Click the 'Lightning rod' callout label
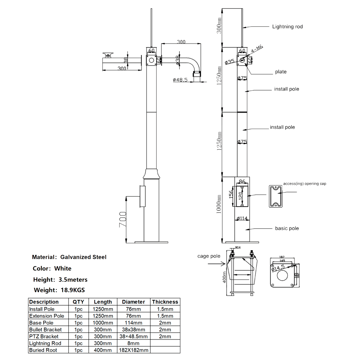click(287, 27)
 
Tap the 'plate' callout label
click(281, 72)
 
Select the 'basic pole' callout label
click(287, 228)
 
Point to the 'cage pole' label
click(209, 256)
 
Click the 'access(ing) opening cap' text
click(305, 184)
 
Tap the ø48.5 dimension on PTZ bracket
click(180, 80)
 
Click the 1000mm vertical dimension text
click(218, 204)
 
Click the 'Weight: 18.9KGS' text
click(59, 290)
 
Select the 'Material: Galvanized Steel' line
click(69, 257)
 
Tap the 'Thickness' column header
click(165, 302)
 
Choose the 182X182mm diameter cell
click(134, 350)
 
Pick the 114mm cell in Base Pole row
click(134, 323)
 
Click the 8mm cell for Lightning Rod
click(134, 343)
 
